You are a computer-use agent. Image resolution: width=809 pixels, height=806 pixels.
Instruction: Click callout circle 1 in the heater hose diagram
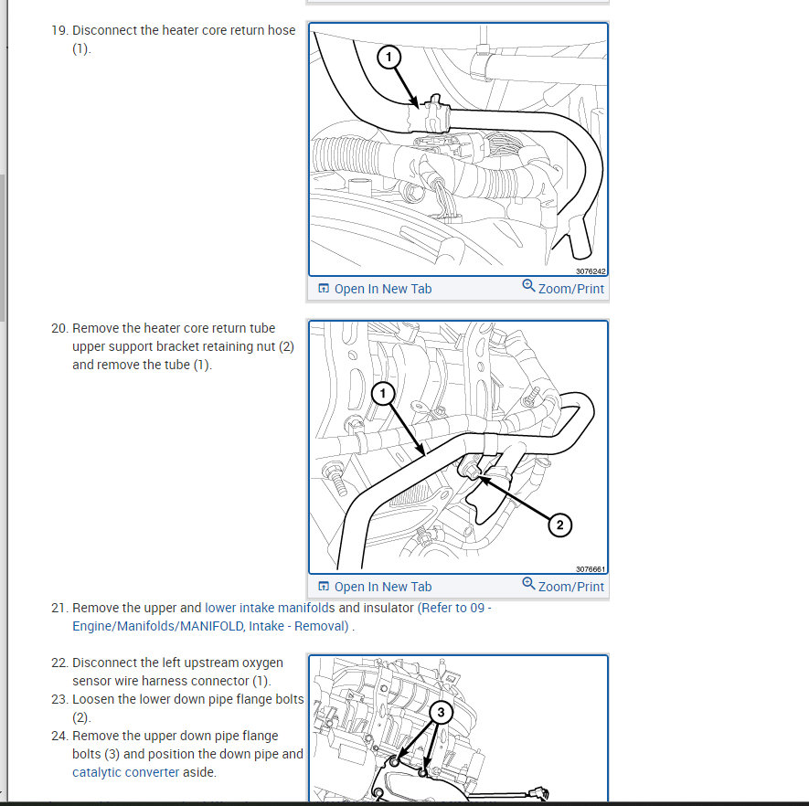point(389,57)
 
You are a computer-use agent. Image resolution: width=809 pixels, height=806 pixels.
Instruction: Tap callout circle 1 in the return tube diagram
point(383,394)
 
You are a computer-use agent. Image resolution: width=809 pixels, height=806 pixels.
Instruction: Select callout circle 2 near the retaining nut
point(559,525)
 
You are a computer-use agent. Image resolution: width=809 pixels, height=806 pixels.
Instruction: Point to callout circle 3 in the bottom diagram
point(441,713)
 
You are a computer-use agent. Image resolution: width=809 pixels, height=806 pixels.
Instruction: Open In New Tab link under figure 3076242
point(375,289)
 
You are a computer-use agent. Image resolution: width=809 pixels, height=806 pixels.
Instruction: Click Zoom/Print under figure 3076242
point(563,288)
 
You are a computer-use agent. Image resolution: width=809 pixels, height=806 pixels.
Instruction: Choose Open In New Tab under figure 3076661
point(375,587)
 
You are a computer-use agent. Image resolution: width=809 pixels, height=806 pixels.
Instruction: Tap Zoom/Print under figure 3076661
point(563,587)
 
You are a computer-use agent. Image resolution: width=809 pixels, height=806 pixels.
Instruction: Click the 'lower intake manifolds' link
point(270,608)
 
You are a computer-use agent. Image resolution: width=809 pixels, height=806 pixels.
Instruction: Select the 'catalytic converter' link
point(126,772)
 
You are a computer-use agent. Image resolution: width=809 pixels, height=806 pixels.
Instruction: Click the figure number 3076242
point(591,271)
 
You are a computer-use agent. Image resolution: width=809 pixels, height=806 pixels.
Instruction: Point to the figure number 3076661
point(591,569)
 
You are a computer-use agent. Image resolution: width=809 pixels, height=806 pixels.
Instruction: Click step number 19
point(59,30)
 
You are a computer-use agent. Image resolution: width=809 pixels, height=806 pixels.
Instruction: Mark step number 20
point(59,328)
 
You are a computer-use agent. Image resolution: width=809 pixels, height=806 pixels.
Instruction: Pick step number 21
point(59,608)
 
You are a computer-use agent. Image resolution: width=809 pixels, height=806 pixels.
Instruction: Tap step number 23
point(59,699)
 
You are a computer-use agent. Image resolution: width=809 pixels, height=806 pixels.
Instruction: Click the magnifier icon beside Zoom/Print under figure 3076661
point(528,583)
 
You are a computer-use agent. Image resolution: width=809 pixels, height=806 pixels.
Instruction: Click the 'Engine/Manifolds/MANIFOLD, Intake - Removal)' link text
point(210,626)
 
